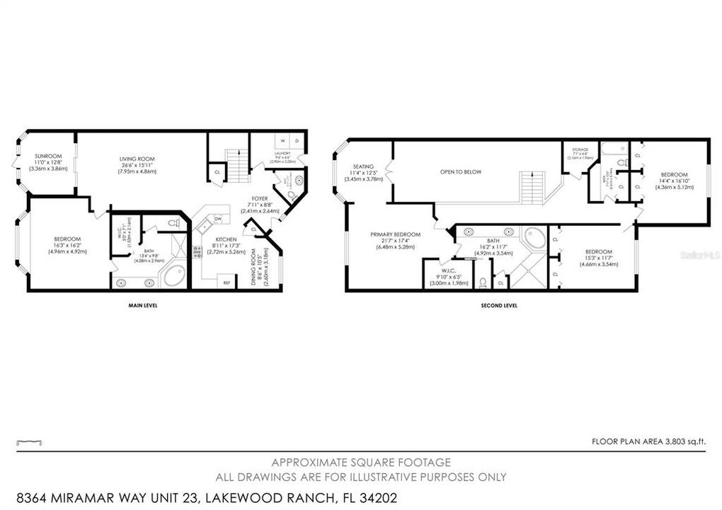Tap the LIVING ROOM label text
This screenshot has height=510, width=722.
click(137, 159)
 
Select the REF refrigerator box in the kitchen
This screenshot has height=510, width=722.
click(227, 283)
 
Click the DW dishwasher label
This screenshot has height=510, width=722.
click(219, 219)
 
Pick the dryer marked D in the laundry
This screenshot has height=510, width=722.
click(297, 141)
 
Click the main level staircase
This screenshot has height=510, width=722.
click(238, 165)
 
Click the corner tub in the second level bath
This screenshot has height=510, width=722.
click(534, 238)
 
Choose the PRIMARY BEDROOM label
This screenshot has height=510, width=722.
click(395, 234)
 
